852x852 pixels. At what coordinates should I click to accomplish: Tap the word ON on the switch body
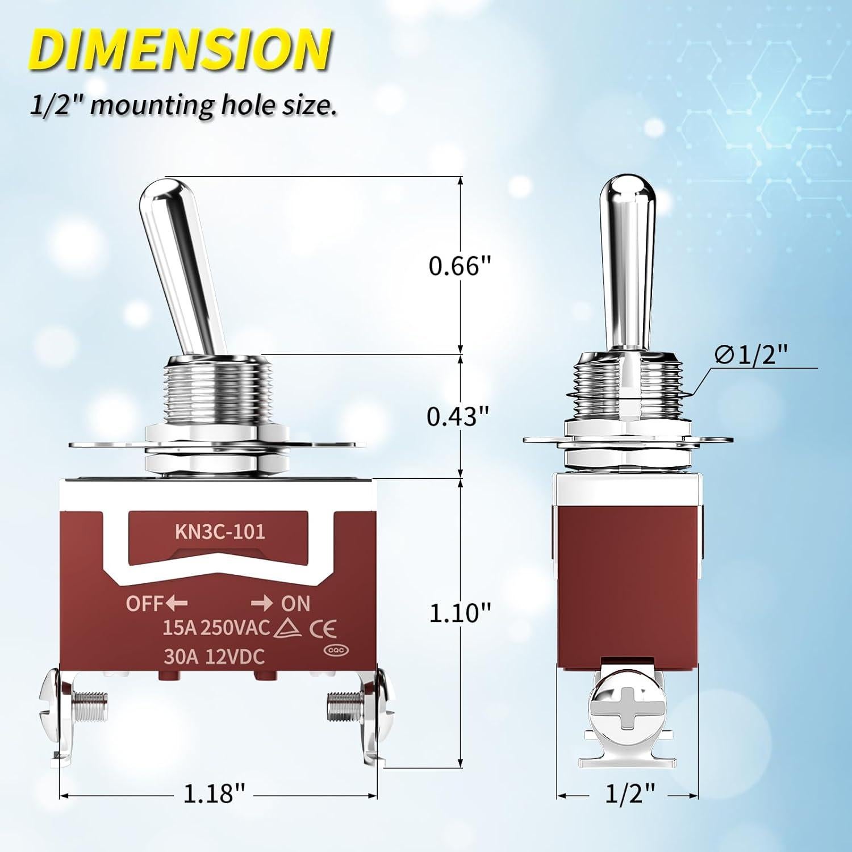coord(296,603)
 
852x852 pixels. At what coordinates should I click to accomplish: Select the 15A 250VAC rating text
coord(216,628)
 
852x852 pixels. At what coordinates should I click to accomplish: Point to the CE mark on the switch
coord(322,629)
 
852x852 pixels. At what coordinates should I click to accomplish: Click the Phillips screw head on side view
coord(627,710)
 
